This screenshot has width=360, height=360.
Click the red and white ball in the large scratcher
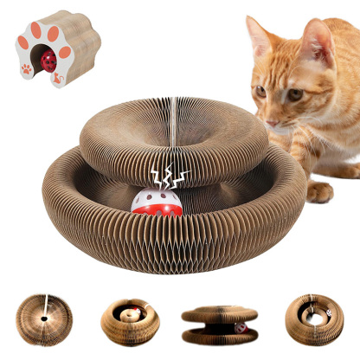pyautogui.click(x=156, y=201)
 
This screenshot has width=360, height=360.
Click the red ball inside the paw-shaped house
pyautogui.click(x=49, y=61)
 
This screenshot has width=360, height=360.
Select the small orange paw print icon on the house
pyautogui.click(x=27, y=68)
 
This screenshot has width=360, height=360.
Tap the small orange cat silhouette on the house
pyautogui.click(x=58, y=79)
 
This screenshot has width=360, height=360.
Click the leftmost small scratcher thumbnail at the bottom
pyautogui.click(x=43, y=319)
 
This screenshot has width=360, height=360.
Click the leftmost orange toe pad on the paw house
pyautogui.click(x=23, y=43)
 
